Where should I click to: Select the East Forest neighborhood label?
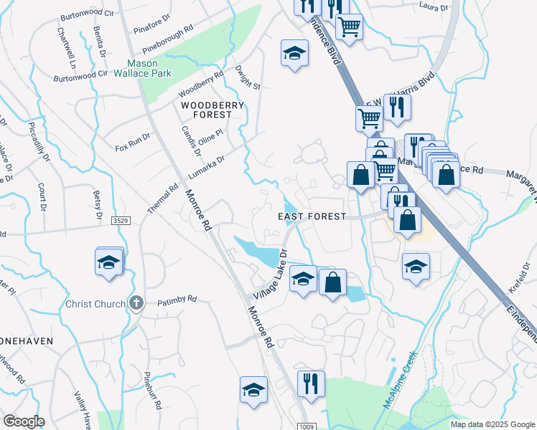312,216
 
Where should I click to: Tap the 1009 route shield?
307,426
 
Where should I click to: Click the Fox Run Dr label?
133,142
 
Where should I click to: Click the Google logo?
24,421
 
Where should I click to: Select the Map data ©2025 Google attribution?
492,424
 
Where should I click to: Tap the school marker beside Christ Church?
108,262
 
